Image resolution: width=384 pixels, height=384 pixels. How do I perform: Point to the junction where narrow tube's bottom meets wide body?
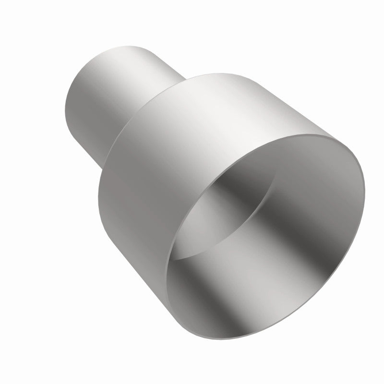(x=103, y=166)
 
